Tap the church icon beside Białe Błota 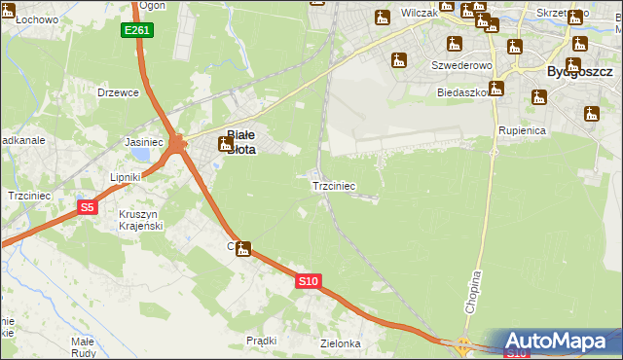click(x=226, y=144)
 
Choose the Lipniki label click(x=127, y=177)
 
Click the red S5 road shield click(x=88, y=207)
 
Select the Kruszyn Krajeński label click(x=139, y=220)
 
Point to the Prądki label click(x=262, y=341)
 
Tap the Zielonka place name click(x=341, y=343)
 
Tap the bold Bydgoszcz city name click(x=578, y=71)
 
